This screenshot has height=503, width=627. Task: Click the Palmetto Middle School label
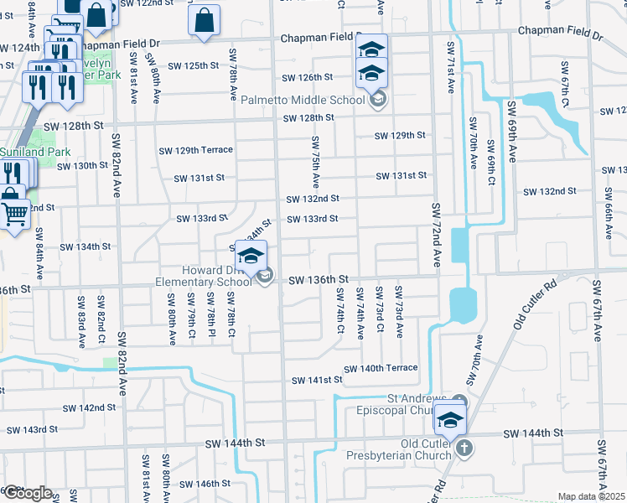pos(304,101)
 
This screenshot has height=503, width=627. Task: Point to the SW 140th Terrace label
pos(381,368)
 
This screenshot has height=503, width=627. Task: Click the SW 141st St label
pos(318,380)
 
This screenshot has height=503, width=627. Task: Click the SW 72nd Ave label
pos(436,236)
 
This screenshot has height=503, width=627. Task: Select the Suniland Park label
pos(35,152)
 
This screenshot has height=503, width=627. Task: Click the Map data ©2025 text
pos(591,496)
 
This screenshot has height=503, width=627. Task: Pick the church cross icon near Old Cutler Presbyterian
pos(464,449)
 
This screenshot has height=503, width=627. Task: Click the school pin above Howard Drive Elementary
pos(250,255)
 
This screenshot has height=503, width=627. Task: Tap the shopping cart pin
pos(13,214)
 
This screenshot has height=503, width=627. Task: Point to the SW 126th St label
pos(308,78)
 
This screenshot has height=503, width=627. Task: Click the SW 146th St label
pos(205,484)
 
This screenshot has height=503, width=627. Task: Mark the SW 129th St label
pos(401,135)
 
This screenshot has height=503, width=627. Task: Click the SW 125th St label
pos(193,65)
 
